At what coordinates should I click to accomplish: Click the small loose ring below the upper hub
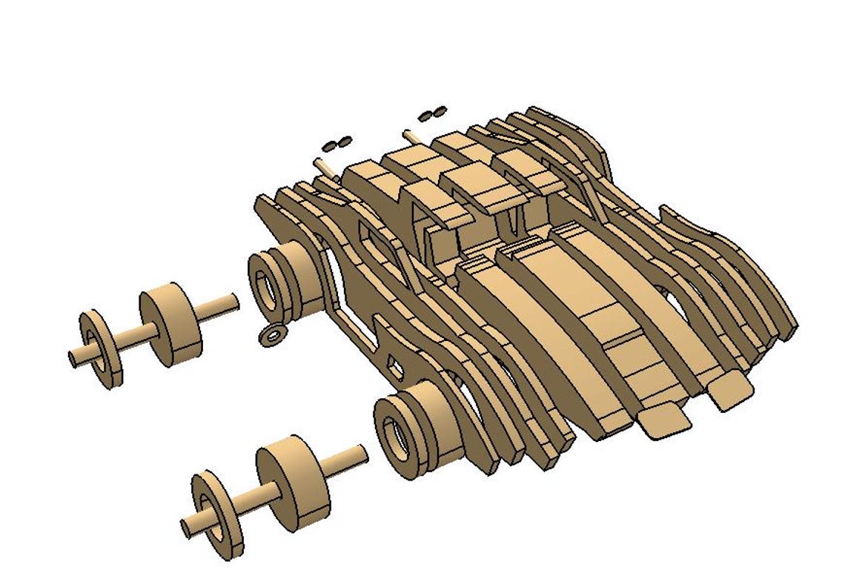click(273, 336)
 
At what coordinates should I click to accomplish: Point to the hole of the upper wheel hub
click(263, 285)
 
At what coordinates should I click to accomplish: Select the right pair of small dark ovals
click(433, 113)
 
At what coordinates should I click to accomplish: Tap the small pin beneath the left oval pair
click(324, 164)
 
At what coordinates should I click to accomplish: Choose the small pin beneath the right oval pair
click(412, 137)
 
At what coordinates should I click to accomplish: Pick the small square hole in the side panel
click(395, 368)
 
